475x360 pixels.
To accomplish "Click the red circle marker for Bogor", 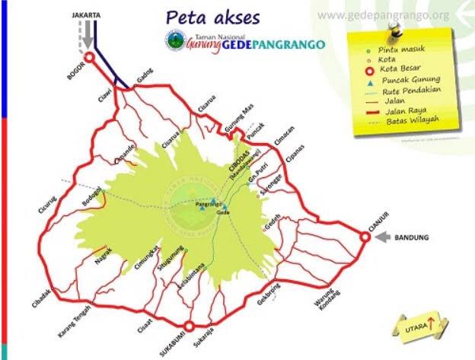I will pyautogui.click(x=89, y=57).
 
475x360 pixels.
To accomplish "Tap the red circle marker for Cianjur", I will pyautogui.click(x=365, y=237).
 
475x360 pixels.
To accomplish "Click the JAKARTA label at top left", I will pyautogui.click(x=85, y=14).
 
